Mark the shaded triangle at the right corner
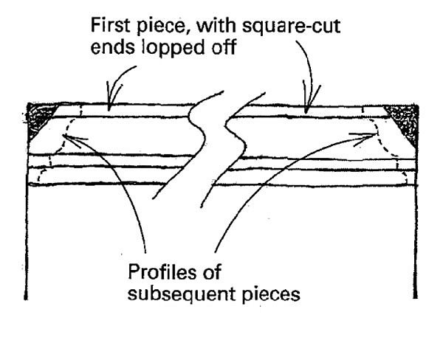(x=404, y=117)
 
